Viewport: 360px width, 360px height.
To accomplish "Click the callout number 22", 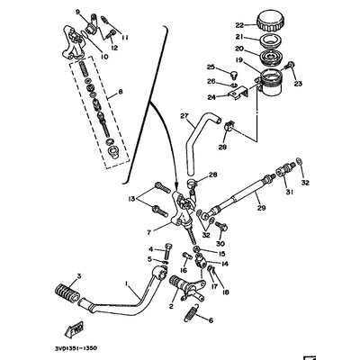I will (x=239, y=24).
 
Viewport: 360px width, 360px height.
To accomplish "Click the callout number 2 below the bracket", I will (x=171, y=307).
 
